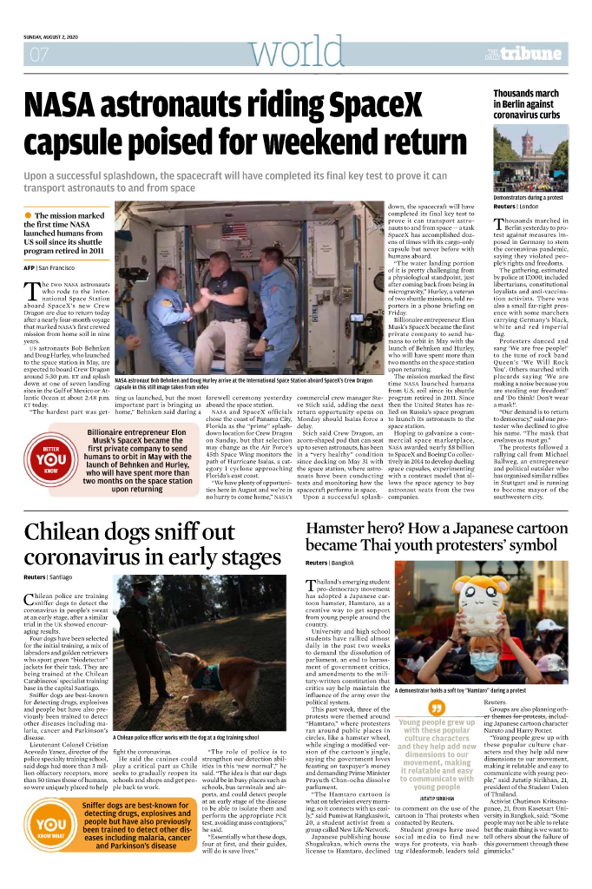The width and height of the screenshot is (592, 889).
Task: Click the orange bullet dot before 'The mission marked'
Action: pos(29,214)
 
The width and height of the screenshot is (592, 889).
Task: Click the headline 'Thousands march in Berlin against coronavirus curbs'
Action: pos(526,103)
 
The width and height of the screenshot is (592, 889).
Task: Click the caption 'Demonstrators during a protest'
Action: pos(528,198)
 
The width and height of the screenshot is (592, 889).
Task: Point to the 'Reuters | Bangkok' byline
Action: pos(330,563)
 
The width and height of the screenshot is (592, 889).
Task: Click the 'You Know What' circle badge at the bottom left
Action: pos(50,828)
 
